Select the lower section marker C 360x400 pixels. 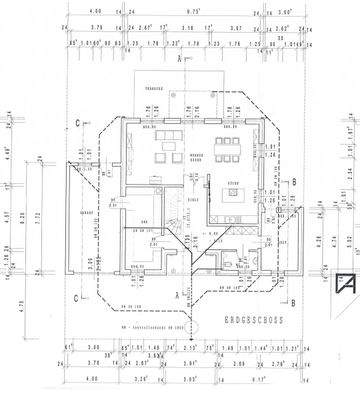(77, 296)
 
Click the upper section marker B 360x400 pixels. (296, 180)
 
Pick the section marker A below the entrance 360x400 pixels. (177, 296)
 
